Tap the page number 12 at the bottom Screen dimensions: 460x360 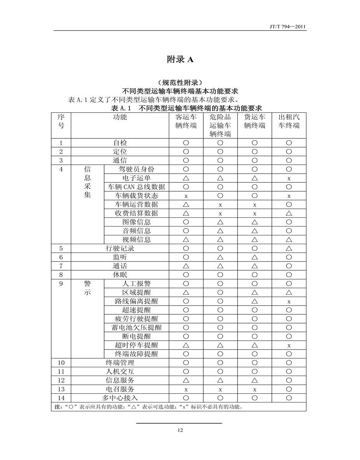tap(180, 430)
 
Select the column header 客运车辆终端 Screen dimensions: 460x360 tap(186, 121)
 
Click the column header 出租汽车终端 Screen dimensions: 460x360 tap(289, 121)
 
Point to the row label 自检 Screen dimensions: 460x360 tap(120, 143)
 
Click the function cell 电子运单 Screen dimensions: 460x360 tap(136, 178)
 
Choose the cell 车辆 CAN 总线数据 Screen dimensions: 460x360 tap(136, 187)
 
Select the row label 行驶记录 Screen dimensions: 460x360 tap(120, 248)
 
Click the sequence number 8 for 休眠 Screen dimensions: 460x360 tap(61, 275)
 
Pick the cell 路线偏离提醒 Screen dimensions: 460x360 tap(136, 301)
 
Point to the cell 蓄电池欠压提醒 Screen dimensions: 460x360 tap(136, 328)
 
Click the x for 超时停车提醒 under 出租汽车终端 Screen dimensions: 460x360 tap(289, 345)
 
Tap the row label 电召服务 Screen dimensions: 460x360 tap(120, 389)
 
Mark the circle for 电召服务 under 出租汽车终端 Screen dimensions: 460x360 tap(289, 389)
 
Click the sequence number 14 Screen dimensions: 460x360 tap(61, 398)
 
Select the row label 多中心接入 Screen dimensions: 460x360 tap(120, 398)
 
